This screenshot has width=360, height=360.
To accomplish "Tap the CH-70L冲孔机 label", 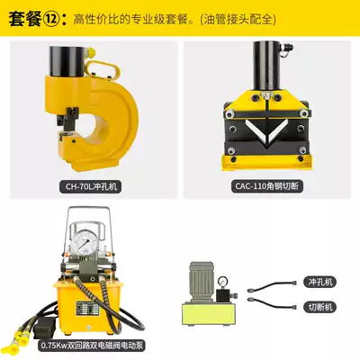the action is coord(91,186).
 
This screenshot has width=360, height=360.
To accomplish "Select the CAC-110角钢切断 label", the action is coord(266,186).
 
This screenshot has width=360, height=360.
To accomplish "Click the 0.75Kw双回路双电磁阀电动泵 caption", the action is coord(92,346).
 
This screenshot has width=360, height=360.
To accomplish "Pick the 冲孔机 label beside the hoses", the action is coord(320,282).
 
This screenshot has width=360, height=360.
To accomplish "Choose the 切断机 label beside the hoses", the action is coord(320,307).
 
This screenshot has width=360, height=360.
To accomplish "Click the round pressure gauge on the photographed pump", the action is coord(85,242).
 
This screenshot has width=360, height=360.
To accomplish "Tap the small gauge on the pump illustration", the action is coord(222,282).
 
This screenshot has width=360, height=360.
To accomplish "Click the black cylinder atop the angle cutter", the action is coord(266,65).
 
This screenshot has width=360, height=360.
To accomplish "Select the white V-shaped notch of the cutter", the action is coord(266,131).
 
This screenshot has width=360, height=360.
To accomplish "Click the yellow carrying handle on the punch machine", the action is coord(103,69).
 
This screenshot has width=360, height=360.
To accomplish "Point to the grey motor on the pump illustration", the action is coord(202,283).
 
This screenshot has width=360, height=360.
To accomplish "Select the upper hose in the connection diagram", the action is coord(272,286).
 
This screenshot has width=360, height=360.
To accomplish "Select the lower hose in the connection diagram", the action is coord(272,302).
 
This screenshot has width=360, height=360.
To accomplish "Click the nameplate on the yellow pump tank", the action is coord(86,309).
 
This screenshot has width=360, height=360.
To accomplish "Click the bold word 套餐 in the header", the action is coord(25,19).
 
